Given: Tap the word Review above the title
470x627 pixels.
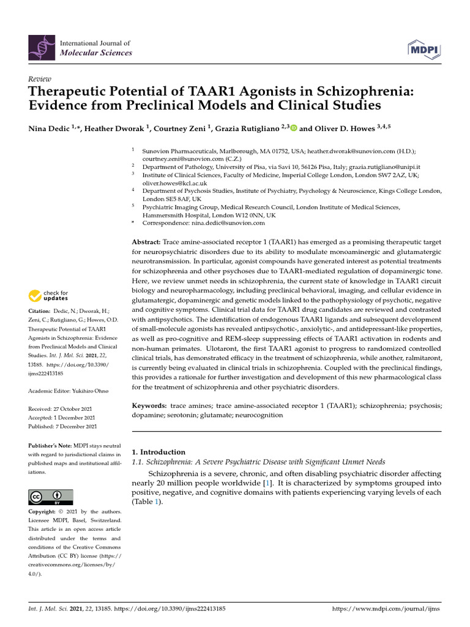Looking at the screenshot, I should [40, 80].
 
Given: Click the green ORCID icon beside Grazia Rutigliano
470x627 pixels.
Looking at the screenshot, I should [293, 129].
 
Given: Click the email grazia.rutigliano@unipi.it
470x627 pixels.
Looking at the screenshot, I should [385, 167].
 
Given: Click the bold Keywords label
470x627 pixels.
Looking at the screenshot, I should [149, 406].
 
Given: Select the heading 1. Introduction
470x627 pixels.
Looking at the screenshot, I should [159, 452].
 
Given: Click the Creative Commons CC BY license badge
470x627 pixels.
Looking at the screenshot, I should [50, 497].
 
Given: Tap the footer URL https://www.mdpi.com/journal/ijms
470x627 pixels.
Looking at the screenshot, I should [385, 609].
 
